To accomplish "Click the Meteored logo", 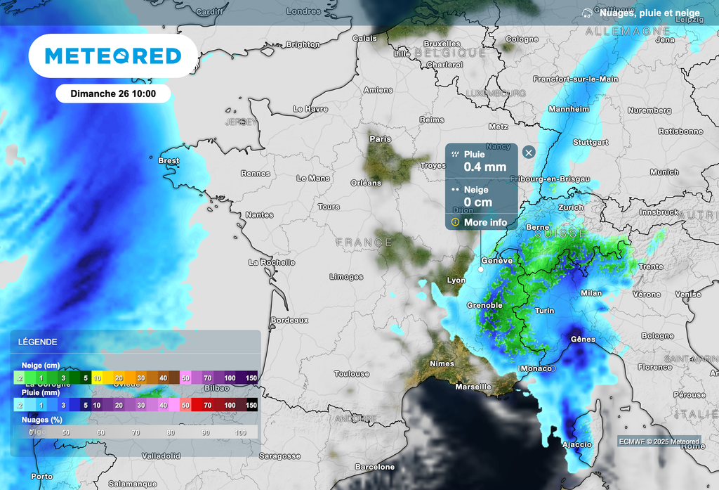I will (112, 56).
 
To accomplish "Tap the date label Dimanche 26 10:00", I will (113, 94).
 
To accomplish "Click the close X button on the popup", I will (529, 153).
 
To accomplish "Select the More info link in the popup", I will (484, 222).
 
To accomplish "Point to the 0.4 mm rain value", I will (484, 167).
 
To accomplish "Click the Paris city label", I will (380, 139).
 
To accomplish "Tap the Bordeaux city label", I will (289, 320).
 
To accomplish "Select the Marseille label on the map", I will (473, 387).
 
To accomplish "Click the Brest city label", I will (169, 160).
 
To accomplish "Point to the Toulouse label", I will (351, 374).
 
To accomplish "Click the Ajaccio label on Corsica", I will (576, 444).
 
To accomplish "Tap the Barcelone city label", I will (374, 467).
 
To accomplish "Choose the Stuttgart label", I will (590, 142).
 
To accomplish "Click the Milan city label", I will (591, 293).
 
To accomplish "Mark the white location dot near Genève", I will (481, 269).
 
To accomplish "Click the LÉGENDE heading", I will (39, 342).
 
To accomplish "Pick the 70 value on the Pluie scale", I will (207, 405).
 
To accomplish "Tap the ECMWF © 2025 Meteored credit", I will (659, 441).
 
